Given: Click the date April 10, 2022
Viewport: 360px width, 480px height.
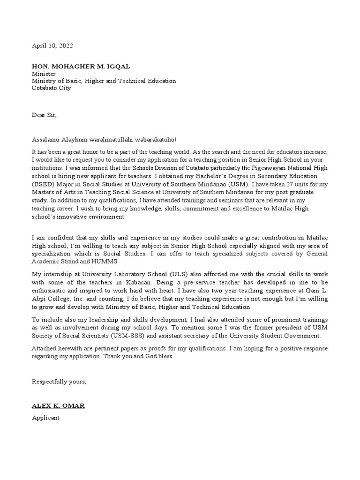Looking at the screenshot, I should pyautogui.click(x=52, y=46).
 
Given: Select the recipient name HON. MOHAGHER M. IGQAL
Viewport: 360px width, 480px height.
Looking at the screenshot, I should pyautogui.click(x=81, y=67).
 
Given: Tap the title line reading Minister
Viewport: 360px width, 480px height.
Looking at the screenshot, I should pyautogui.click(x=44, y=74).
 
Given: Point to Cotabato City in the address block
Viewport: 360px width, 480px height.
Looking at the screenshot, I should pyautogui.click(x=51, y=88).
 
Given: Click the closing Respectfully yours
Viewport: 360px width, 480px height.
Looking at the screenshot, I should pyautogui.click(x=59, y=382).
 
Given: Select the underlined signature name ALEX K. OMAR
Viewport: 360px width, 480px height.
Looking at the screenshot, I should pyautogui.click(x=58, y=405).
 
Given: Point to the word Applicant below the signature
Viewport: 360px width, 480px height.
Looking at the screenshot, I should pyautogui.click(x=45, y=418).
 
